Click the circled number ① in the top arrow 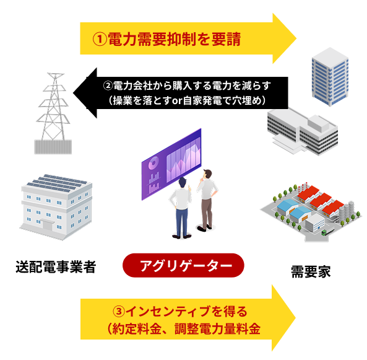(100, 39)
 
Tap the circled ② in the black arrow (108, 86)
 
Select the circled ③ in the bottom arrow (119, 312)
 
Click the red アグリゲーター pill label (183, 265)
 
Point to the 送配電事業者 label (56, 266)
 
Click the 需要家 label (311, 272)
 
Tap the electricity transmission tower (53, 113)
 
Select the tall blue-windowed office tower (330, 76)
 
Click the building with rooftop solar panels (56, 207)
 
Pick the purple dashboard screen (171, 164)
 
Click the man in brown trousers (207, 200)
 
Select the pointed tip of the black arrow (73, 93)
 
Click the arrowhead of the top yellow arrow (285, 38)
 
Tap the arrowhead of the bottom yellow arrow (284, 318)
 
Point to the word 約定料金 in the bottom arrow (137, 328)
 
